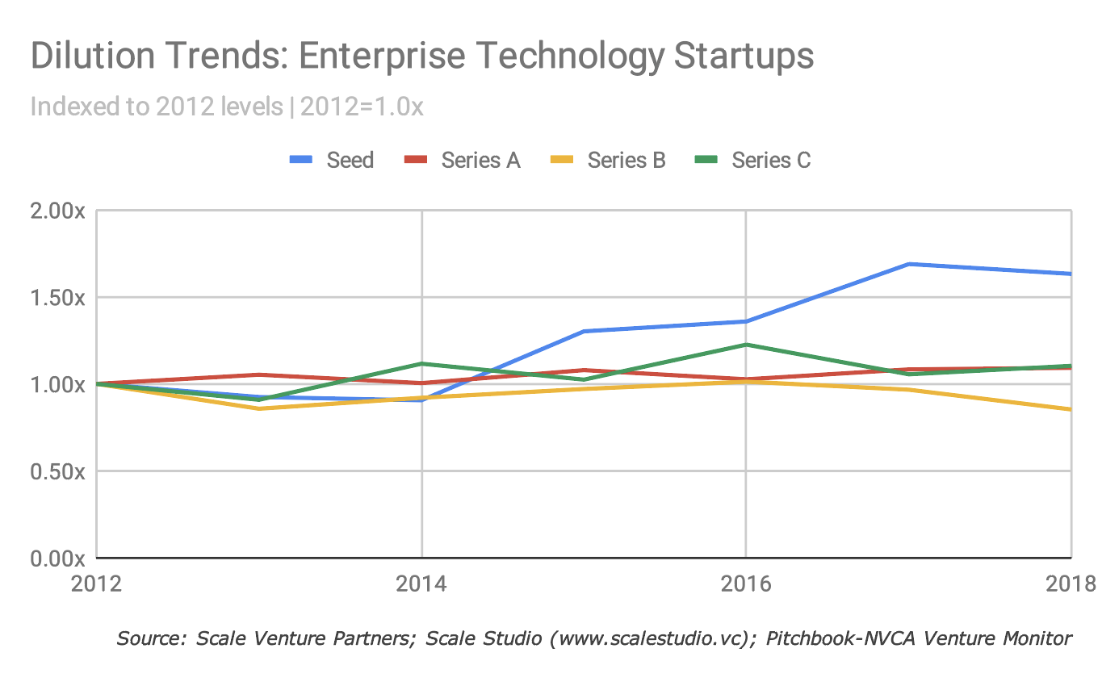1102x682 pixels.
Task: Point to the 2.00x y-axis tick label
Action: [x=57, y=211]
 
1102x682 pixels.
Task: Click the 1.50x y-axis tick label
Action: [x=57, y=298]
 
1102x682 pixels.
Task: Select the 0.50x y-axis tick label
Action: [x=57, y=471]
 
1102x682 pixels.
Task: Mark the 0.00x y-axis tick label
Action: [x=57, y=558]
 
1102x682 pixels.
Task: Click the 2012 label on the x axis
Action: [x=96, y=584]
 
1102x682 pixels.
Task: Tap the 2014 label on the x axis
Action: [x=421, y=584]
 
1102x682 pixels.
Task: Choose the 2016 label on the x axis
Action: [x=745, y=584]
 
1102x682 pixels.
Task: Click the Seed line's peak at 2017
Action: [x=908, y=264]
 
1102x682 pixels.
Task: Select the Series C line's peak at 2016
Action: [x=745, y=345]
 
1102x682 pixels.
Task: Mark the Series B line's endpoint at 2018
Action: [x=1070, y=409]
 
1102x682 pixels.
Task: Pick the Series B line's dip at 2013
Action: [x=258, y=408]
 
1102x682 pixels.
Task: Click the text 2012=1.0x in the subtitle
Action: [x=362, y=107]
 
